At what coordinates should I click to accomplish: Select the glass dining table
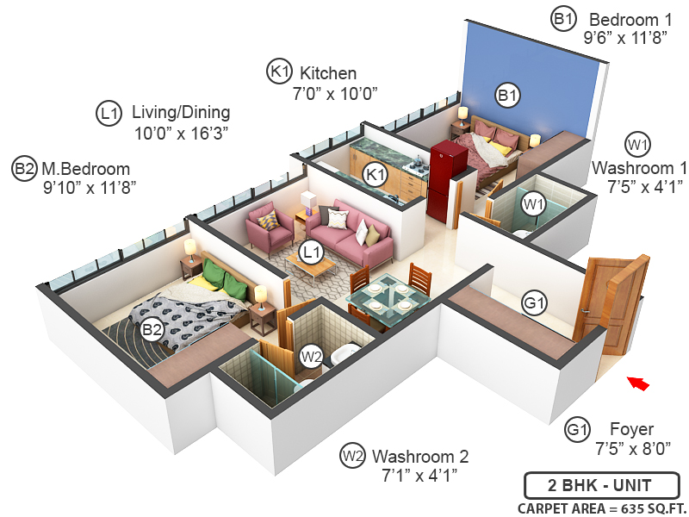(388, 298)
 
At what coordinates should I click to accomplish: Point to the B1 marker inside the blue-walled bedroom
(507, 95)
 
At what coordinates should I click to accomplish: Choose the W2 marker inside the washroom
(311, 355)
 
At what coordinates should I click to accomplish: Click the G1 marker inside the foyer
(535, 303)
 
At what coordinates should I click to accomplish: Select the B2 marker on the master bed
(152, 328)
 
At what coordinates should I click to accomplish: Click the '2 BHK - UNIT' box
(601, 483)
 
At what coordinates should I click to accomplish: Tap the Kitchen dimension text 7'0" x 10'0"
(336, 92)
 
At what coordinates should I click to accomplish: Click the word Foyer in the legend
(631, 429)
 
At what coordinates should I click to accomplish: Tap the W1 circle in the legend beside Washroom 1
(638, 143)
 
